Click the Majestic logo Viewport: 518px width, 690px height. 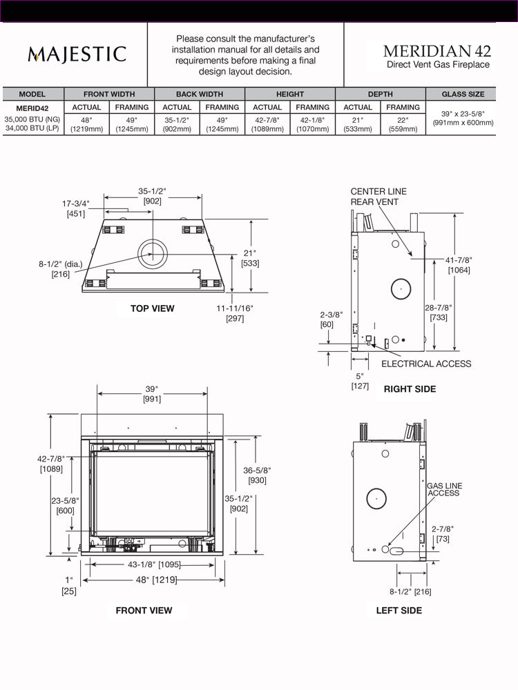point(77,55)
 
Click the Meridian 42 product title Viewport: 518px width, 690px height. point(437,51)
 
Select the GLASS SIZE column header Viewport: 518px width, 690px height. point(463,94)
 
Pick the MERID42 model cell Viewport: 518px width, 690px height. point(32,108)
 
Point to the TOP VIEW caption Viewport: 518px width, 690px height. point(153,308)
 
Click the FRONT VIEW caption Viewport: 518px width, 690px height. point(144,610)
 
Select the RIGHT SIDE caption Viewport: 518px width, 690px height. point(410,389)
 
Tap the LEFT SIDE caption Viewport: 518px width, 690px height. point(399,610)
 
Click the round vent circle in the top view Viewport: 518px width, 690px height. point(152,254)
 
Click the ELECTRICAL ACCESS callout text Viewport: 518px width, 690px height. point(426,364)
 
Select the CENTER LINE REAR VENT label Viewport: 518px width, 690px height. point(378,197)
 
